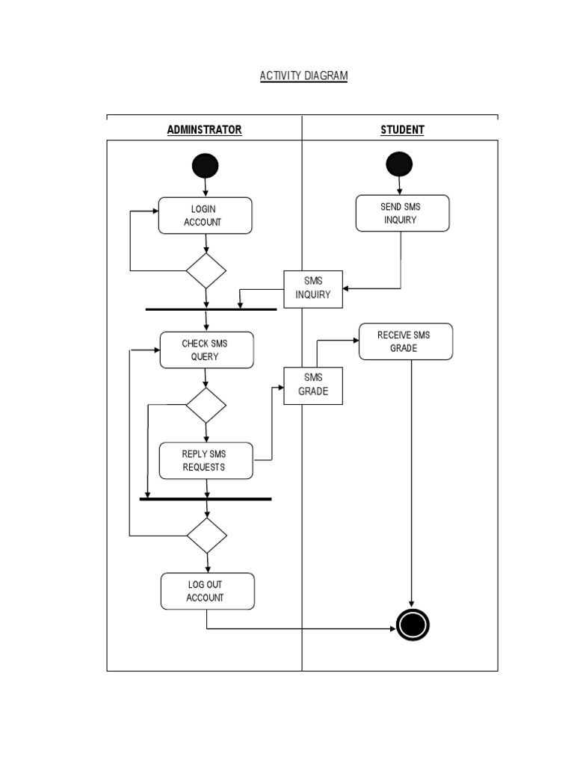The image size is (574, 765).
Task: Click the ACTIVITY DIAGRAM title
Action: point(303,76)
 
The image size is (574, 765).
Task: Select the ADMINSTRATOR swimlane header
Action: point(204,130)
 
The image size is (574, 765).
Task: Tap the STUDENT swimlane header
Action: point(402,130)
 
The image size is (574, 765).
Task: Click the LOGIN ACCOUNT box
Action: point(205,216)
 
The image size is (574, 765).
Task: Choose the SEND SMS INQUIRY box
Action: point(402,214)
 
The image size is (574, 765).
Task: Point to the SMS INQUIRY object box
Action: point(312,288)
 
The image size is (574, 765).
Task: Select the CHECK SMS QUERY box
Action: point(206,350)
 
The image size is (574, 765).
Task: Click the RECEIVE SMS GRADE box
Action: point(405,342)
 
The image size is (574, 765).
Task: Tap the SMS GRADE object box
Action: point(313,385)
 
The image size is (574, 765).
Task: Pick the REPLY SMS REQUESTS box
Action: point(206,461)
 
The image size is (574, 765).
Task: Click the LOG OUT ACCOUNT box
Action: point(207,592)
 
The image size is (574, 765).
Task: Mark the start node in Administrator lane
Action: point(206,166)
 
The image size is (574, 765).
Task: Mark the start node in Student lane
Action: point(399,164)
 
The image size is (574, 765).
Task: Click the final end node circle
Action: point(413,625)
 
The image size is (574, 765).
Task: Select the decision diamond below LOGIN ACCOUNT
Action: point(206,270)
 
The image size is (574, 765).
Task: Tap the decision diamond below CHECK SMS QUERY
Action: point(206,405)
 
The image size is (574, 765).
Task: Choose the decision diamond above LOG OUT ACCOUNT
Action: point(207,535)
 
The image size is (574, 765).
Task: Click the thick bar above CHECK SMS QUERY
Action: point(211,309)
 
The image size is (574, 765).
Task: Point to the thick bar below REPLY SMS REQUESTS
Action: point(206,498)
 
